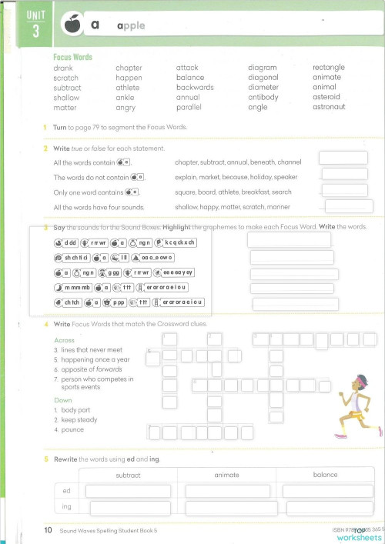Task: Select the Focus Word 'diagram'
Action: (263, 68)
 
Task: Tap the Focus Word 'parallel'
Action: (192, 107)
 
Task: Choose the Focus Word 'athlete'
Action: (129, 88)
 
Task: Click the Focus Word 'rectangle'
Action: (328, 68)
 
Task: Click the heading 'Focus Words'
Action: (72, 58)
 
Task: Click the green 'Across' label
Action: (65, 339)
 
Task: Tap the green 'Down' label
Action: (62, 401)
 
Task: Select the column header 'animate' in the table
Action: (226, 475)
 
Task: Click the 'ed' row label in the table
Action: (66, 490)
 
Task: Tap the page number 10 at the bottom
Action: (48, 530)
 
